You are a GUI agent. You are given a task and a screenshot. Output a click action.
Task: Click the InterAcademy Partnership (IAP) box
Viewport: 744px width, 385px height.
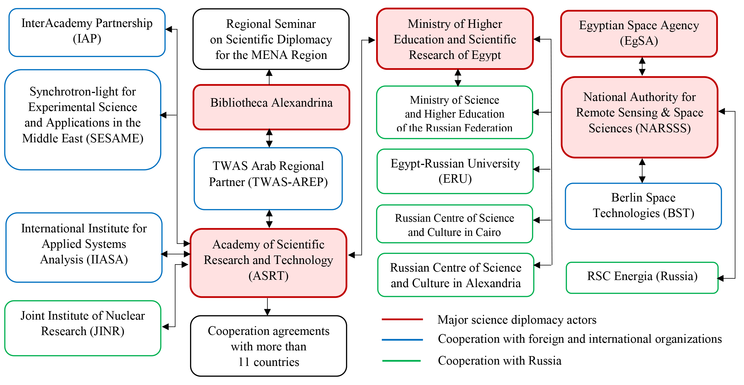click(87, 32)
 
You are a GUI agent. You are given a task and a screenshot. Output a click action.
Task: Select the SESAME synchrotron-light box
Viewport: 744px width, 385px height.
click(83, 120)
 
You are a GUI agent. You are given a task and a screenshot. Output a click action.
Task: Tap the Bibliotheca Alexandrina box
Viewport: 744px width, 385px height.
click(271, 107)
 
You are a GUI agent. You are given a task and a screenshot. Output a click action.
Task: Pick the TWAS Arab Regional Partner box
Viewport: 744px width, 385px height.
click(268, 179)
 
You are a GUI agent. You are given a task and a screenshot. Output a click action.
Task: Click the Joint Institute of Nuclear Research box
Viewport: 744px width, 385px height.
click(83, 328)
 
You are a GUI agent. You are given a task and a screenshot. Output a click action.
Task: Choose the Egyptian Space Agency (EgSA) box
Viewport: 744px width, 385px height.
click(639, 34)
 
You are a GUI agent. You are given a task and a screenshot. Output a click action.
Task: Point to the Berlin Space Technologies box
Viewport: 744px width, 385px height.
click(643, 206)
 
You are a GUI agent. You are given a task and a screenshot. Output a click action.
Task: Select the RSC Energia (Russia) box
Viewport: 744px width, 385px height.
click(642, 277)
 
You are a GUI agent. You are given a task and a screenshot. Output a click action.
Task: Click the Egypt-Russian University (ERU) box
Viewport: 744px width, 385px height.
click(455, 171)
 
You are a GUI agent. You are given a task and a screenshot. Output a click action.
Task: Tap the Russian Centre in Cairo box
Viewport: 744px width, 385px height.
click(454, 224)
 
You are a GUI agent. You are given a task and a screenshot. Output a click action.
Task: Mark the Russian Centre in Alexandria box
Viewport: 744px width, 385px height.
click(455, 275)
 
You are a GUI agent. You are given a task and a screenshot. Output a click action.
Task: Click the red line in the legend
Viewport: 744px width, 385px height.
click(402, 319)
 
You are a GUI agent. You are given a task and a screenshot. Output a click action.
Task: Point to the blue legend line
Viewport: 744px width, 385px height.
click(402, 340)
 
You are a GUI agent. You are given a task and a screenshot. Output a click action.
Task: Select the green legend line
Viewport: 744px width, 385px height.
click(401, 360)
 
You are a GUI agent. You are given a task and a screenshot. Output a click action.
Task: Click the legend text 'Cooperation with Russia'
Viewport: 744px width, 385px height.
click(499, 360)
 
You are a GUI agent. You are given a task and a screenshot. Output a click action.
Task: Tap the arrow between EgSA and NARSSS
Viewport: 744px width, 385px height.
click(642, 67)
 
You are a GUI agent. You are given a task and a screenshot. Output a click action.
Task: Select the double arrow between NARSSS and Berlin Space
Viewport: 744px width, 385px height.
click(642, 170)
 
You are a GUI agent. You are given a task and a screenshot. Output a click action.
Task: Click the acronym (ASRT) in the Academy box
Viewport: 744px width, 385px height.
click(268, 276)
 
